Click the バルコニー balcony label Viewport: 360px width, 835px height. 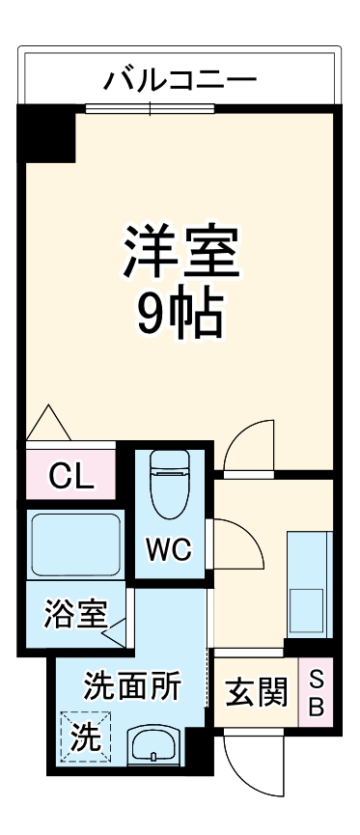pos(180,76)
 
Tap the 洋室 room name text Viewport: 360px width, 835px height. pos(180,252)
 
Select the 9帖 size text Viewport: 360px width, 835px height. pos(180,314)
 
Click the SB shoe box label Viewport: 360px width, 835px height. pos(317,690)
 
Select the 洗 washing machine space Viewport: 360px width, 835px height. pos(85,738)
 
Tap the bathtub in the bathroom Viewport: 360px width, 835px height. pos(74,545)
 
